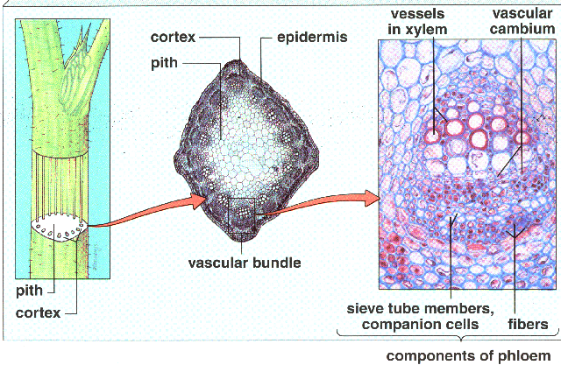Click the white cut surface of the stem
pos(56,229)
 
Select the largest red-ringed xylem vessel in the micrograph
pos(456,128)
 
